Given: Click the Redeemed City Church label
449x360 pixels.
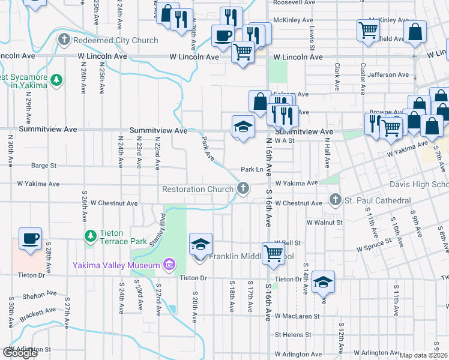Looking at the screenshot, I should click(115, 40).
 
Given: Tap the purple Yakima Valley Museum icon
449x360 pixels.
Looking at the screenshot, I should click(169, 265).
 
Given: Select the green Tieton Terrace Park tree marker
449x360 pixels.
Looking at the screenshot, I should click(91, 236).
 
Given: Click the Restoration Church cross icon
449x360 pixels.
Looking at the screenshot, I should click(243, 189).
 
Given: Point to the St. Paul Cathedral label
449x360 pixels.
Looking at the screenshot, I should click(378, 200).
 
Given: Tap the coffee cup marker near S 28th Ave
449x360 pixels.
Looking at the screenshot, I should click(30, 239).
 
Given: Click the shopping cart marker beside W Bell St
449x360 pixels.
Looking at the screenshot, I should click(273, 253).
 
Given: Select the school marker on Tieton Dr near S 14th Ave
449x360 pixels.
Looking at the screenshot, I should click(323, 281).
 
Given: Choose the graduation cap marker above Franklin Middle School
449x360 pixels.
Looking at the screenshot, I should click(201, 244).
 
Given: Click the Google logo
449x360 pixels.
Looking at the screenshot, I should click(20, 353).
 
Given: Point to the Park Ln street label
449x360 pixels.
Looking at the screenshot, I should click(252, 169).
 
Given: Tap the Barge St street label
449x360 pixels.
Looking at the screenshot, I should click(44, 166).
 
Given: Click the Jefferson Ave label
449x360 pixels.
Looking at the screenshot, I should click(389, 75).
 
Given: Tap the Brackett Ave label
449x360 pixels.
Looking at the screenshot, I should click(38, 313).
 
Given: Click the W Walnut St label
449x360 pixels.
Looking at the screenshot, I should click(324, 222).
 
